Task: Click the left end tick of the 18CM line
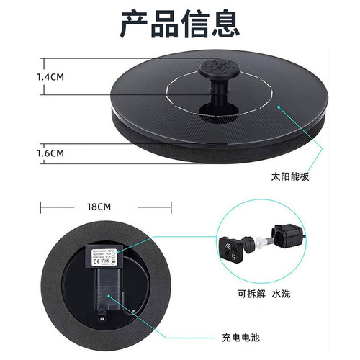[x=41, y=206]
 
